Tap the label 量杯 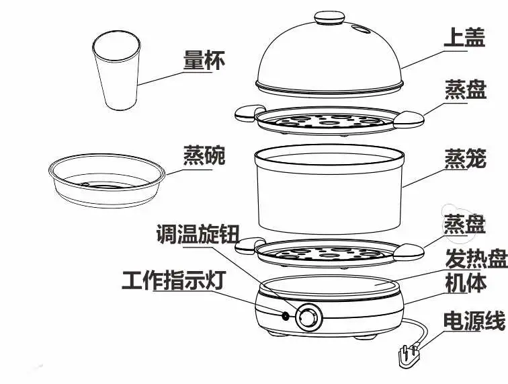point(204,60)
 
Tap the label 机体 point(466,283)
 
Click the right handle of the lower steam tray point(409,252)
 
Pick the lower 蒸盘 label point(464,223)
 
